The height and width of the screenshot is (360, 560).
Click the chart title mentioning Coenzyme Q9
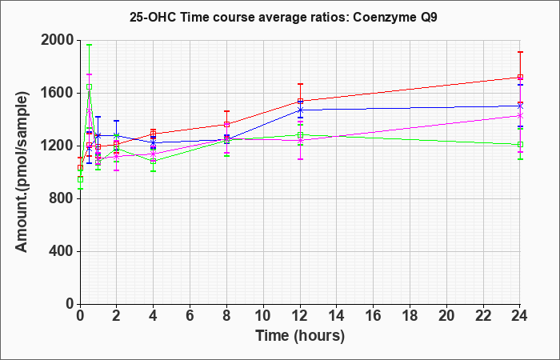(283, 18)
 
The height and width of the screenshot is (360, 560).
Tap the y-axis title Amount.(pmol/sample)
(22, 172)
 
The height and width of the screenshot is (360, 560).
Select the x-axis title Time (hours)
(300, 336)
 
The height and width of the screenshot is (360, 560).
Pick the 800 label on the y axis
(62, 198)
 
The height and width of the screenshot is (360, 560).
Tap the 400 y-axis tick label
(62, 251)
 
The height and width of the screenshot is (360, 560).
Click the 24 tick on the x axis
(519, 316)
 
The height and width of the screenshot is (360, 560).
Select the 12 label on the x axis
(300, 316)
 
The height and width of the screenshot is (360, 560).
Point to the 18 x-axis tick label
(410, 316)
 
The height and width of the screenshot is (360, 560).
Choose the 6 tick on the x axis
(190, 316)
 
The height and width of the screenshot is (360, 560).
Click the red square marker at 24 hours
(520, 77)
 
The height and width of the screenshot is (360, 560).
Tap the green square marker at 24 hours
(520, 145)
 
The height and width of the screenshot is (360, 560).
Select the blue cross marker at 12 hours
(300, 110)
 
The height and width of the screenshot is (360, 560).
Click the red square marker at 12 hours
(300, 101)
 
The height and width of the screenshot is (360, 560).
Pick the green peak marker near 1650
(89, 86)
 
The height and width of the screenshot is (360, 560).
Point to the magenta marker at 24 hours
(520, 116)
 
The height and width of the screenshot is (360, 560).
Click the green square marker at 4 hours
(154, 161)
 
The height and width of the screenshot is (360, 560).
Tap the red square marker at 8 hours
(226, 124)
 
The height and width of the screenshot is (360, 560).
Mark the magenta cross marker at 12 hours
(300, 140)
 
